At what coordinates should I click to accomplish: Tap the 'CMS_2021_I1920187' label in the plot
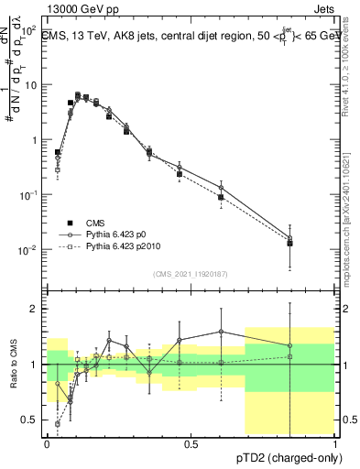190,273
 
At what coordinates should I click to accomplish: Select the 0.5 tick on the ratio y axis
36,420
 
